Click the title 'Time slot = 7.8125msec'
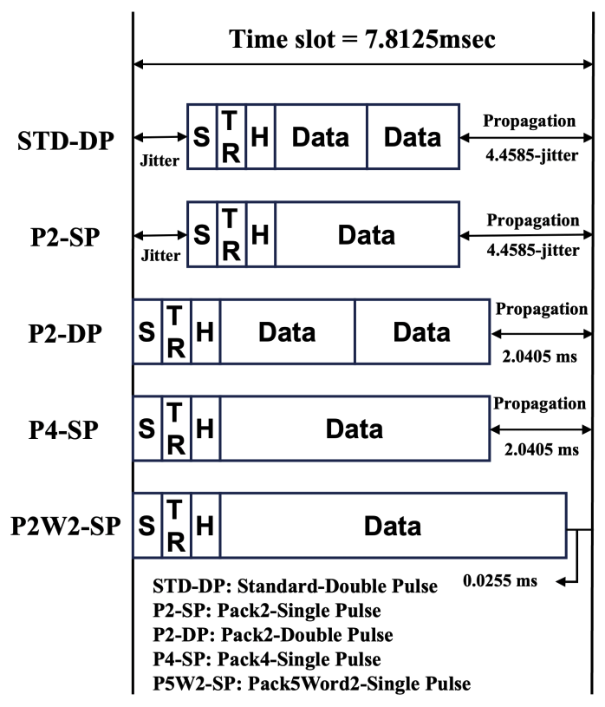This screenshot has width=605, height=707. click(x=362, y=39)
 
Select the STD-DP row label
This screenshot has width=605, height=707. click(x=65, y=140)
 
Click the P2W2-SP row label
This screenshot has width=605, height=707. click(x=64, y=527)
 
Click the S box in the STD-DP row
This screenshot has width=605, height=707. click(x=202, y=136)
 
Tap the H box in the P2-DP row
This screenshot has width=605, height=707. click(x=205, y=332)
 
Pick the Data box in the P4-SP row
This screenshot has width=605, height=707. click(x=354, y=429)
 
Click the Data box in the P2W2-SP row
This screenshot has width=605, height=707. click(x=392, y=526)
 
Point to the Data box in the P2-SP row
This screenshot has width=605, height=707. click(x=367, y=234)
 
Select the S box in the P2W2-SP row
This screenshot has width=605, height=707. click(x=147, y=526)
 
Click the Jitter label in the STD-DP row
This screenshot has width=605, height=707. click(x=159, y=160)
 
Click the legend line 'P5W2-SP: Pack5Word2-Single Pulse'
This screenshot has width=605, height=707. click(x=311, y=684)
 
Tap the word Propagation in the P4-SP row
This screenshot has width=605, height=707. click(x=540, y=404)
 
